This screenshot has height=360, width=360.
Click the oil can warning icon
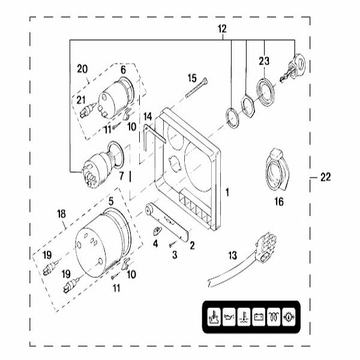229,317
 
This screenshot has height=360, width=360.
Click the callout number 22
326,176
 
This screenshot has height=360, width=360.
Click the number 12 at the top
223,29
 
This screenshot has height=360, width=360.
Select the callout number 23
265,60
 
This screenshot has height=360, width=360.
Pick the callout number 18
61,214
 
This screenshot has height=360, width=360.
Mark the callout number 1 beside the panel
227,192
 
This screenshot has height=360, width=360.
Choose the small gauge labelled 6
115,96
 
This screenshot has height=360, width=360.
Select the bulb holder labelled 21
86,109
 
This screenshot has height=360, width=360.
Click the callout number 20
82,68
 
